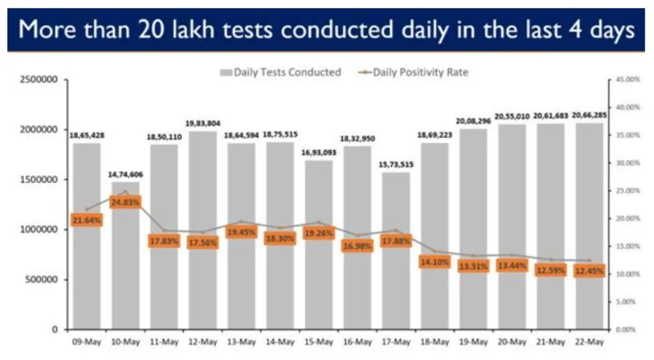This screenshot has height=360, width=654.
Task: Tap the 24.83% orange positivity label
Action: tap(125, 202)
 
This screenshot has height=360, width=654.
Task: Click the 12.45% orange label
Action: tap(589, 271)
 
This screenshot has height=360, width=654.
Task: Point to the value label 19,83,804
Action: tap(203, 123)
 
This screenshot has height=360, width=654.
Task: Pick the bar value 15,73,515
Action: tap(396, 165)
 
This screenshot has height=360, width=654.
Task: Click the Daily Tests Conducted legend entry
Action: tap(281, 72)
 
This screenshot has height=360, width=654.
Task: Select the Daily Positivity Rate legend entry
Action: tap(414, 72)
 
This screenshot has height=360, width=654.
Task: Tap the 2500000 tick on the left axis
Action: tap(38, 80)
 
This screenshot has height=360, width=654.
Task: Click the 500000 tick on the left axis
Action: tap(41, 280)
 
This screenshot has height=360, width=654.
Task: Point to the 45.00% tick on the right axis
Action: tap(628, 80)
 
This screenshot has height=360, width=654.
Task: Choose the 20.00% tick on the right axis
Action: tap(628, 218)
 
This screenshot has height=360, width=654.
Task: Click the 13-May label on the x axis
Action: tap(241, 342)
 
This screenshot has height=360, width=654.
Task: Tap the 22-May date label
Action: tap(589, 342)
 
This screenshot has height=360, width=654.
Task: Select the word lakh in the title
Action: tap(193, 30)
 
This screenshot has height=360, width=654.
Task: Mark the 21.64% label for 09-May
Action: tap(87, 220)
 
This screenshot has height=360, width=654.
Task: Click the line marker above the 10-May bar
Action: tap(125, 192)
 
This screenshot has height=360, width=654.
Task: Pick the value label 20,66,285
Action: tap(589, 115)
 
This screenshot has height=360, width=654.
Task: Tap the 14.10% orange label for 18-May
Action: tap(434, 262)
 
